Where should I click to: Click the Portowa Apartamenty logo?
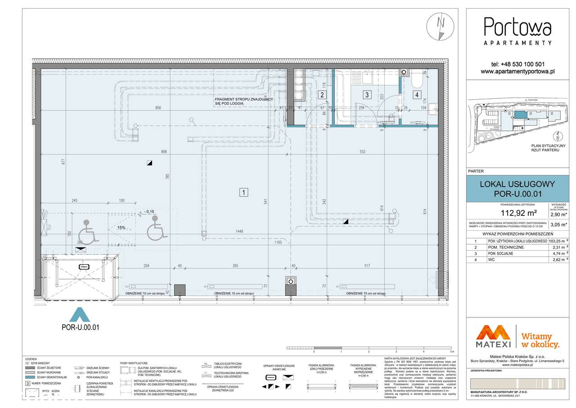click(x=517, y=31)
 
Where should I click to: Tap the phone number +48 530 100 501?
click(x=517, y=64)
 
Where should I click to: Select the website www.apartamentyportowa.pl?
click(x=517, y=71)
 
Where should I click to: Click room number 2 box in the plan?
click(x=322, y=95)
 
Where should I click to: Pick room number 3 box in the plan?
click(x=367, y=95)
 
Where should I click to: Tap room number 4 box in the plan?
click(x=417, y=95)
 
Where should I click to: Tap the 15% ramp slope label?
click(x=121, y=228)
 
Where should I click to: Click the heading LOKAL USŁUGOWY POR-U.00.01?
click(x=517, y=189)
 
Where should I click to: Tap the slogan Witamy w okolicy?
click(x=540, y=340)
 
